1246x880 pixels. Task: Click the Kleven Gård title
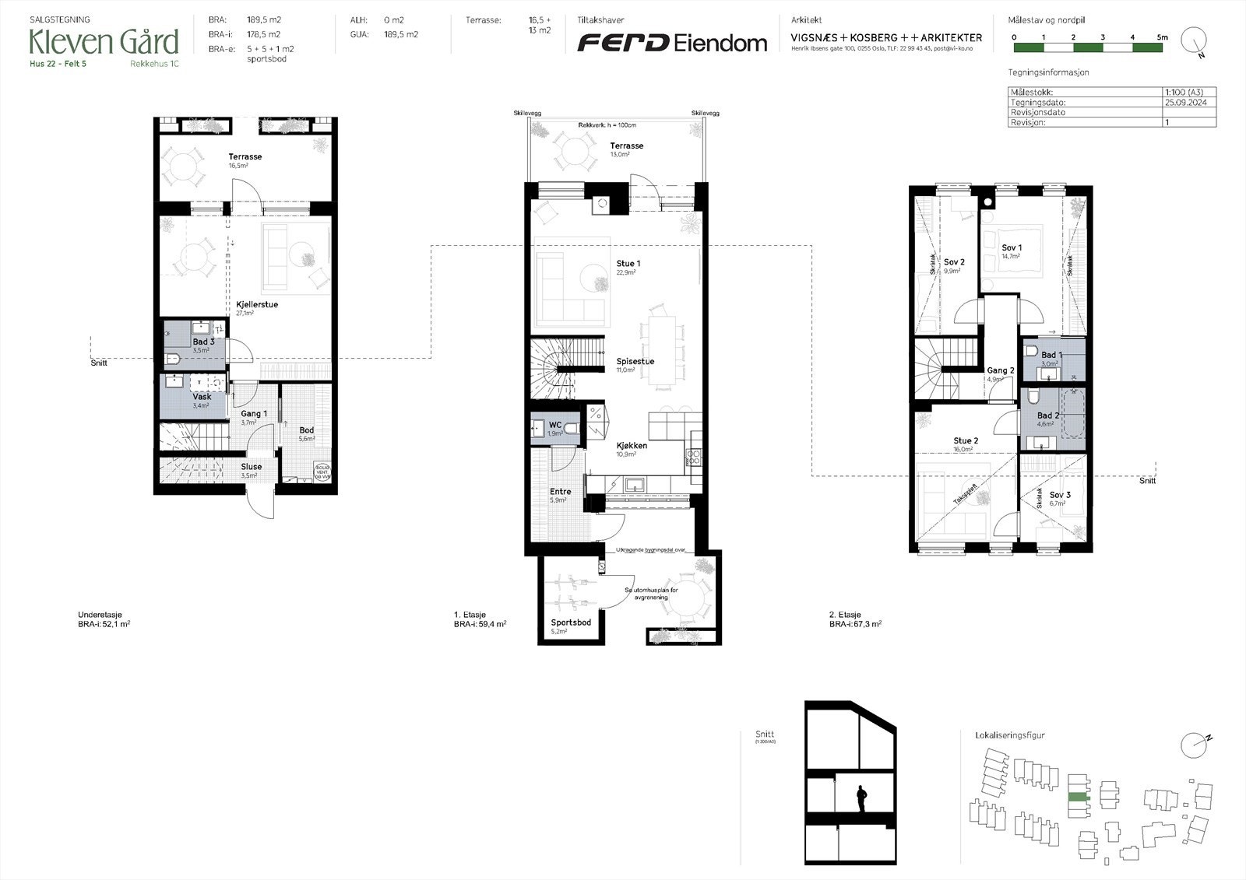click(104, 41)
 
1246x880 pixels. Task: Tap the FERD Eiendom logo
click(671, 43)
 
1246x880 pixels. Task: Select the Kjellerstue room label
click(257, 305)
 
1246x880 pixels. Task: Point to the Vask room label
click(202, 397)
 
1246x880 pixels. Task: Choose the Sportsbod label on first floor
click(571, 622)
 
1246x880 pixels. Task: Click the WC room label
click(554, 425)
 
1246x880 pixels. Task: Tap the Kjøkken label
click(631, 446)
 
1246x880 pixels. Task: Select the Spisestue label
click(635, 362)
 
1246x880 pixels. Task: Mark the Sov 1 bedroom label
click(1012, 248)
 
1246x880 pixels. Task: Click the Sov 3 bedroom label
click(1059, 495)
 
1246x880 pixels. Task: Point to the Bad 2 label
click(1048, 416)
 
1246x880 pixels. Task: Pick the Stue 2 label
click(966, 441)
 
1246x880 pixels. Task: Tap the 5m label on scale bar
click(1162, 37)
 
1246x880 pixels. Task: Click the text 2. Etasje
click(844, 615)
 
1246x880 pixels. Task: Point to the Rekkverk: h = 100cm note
click(607, 125)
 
